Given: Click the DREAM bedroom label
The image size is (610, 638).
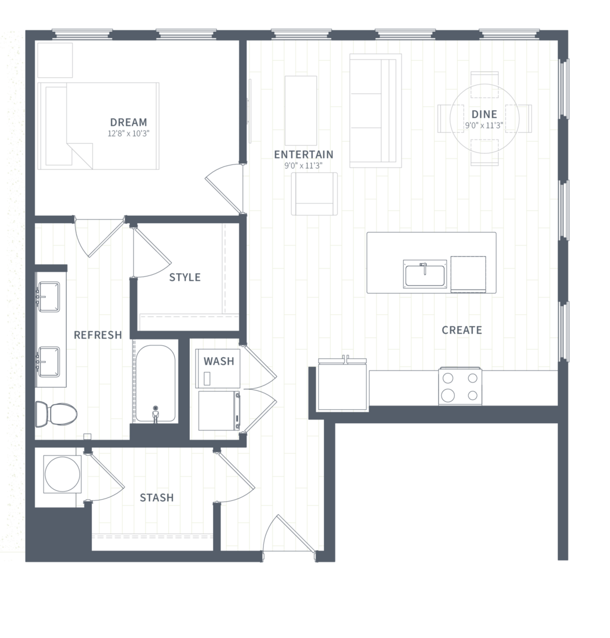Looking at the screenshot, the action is (x=128, y=122).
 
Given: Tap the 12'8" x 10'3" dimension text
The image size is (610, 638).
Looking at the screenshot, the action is (x=128, y=133).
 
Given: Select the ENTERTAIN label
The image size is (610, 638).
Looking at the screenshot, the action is (x=304, y=154).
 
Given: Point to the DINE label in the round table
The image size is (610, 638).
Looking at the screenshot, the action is (x=484, y=114).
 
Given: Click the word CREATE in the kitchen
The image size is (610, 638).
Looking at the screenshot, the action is (x=462, y=330).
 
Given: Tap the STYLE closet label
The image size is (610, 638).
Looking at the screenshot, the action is (x=185, y=277).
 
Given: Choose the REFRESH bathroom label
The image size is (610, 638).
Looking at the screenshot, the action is (x=98, y=335).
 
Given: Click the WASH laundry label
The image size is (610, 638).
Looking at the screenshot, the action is (x=219, y=362).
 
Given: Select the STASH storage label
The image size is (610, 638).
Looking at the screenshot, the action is (x=157, y=498).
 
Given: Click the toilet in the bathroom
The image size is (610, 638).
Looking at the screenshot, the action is (x=56, y=414).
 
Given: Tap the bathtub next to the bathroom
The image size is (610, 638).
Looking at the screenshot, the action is (x=156, y=383).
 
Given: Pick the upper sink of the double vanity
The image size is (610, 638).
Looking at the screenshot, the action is (x=49, y=297).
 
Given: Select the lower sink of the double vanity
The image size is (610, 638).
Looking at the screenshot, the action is (x=49, y=362).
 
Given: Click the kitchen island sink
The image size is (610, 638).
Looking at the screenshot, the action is (x=425, y=275).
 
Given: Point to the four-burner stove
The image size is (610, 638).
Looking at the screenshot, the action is (x=460, y=386).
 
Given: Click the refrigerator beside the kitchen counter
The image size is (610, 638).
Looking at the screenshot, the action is (x=342, y=384).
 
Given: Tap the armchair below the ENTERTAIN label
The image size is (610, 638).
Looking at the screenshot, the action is (x=315, y=194).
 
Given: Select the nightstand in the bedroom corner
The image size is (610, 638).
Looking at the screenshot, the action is (x=55, y=60).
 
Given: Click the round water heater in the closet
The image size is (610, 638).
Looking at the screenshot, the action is (x=62, y=474).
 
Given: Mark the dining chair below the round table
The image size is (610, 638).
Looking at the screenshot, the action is (x=484, y=152).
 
